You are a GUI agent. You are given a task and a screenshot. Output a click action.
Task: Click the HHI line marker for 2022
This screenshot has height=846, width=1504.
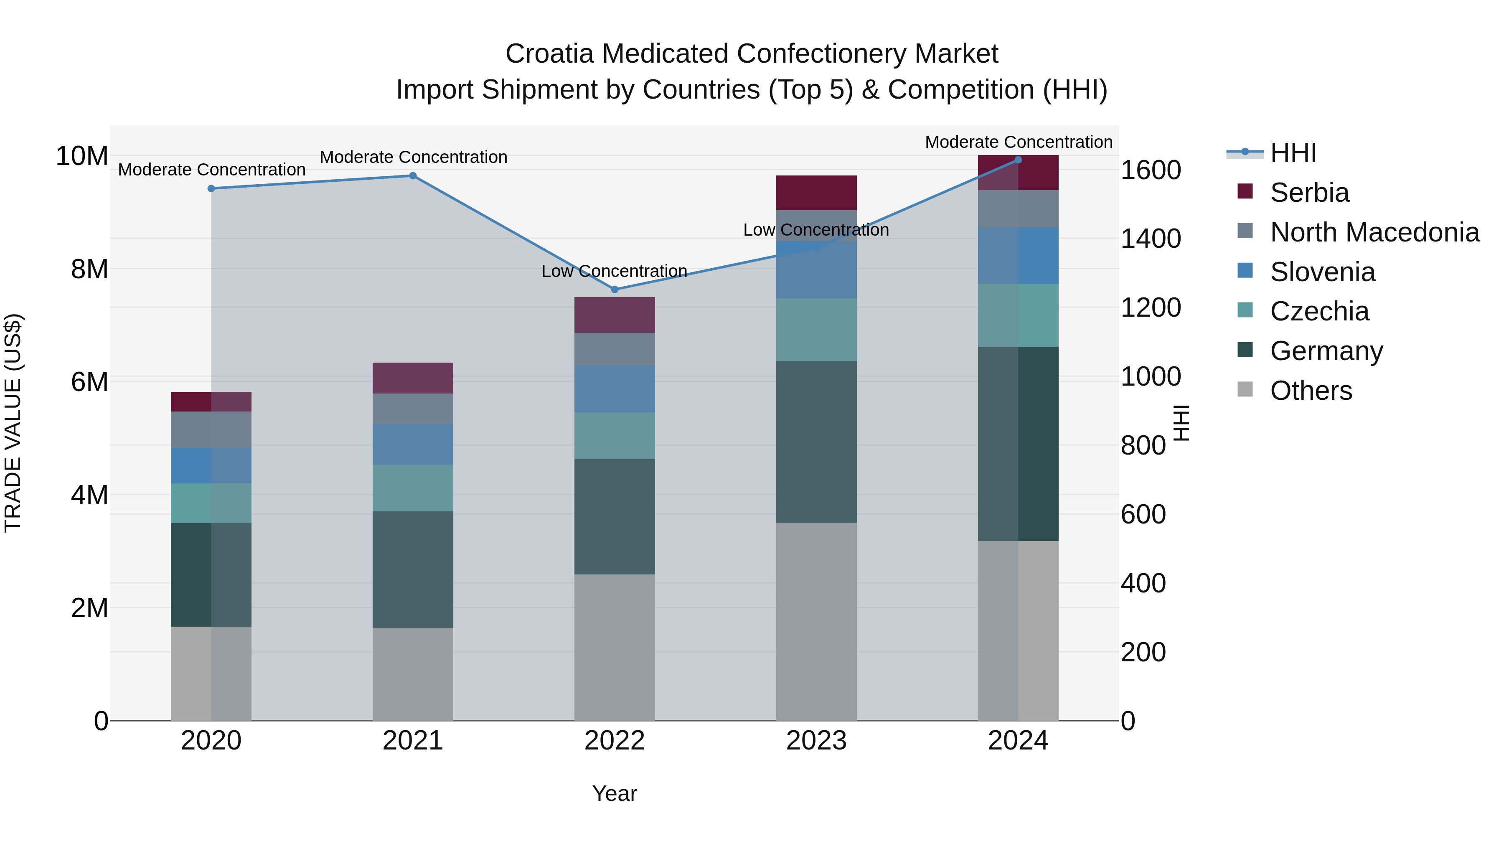click(614, 290)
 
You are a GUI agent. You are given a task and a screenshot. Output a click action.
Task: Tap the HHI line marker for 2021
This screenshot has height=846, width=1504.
click(413, 176)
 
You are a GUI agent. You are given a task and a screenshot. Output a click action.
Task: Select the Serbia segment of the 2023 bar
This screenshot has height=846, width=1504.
click(816, 193)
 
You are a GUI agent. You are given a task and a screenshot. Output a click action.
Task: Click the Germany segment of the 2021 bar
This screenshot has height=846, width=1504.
click(413, 570)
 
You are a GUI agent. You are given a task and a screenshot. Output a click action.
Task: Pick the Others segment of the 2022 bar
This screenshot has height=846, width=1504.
click(614, 647)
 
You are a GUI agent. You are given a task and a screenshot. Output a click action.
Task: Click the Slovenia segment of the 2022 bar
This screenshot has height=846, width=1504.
click(614, 389)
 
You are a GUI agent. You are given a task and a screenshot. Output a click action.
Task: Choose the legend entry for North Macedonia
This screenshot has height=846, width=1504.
click(1374, 232)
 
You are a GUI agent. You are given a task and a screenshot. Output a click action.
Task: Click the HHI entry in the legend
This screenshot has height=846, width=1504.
click(1293, 153)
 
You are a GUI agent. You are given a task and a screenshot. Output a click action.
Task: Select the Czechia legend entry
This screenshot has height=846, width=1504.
click(1319, 311)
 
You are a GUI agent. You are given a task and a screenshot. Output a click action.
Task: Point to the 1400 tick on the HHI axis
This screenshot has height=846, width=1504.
click(1150, 239)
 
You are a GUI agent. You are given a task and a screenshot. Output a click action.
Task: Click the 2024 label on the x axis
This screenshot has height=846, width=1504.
click(1018, 741)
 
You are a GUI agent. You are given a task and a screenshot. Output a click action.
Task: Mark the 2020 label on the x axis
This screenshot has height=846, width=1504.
click(211, 741)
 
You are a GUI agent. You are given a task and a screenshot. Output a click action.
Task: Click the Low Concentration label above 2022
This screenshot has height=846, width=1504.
click(614, 272)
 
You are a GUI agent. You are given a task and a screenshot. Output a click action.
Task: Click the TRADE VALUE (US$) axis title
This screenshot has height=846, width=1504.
click(13, 423)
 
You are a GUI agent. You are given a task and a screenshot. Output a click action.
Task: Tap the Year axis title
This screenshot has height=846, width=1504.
click(614, 793)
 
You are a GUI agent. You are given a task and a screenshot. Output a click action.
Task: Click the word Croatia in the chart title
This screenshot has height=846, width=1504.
click(549, 54)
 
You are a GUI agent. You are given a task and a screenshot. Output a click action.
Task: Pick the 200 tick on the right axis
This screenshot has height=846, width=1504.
click(1143, 652)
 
